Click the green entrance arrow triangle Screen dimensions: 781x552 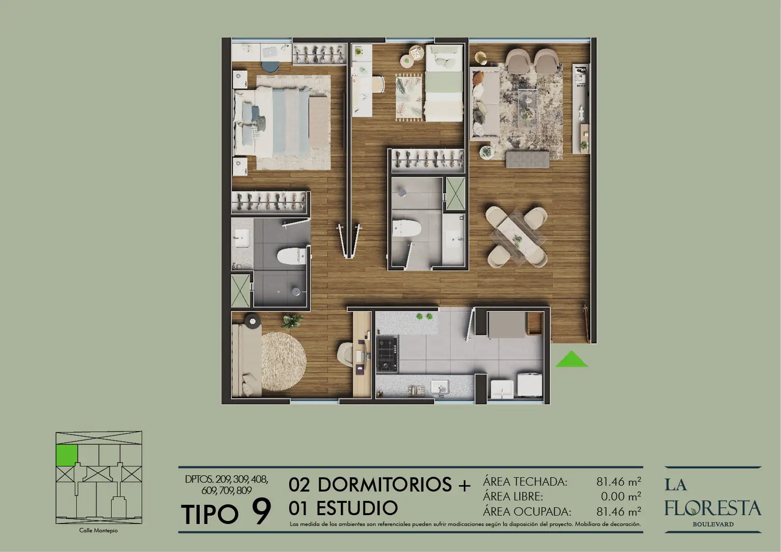pyautogui.click(x=571, y=360)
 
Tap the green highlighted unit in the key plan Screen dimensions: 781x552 pyautogui.click(x=66, y=455)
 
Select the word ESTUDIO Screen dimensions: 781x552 pyautogui.click(x=357, y=508)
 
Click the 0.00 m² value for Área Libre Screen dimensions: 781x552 pyautogui.click(x=621, y=496)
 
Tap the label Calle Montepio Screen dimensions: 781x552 pyautogui.click(x=98, y=530)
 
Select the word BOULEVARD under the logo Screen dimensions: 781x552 pyautogui.click(x=713, y=524)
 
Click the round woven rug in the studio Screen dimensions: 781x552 pyautogui.click(x=284, y=361)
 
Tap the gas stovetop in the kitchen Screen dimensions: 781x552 pyautogui.click(x=388, y=354)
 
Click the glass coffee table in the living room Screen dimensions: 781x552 pyautogui.click(x=527, y=105)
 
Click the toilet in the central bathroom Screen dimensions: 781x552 pyautogui.click(x=407, y=228)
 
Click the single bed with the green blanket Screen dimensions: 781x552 pyautogui.click(x=444, y=84)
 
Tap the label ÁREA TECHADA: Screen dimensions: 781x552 pyautogui.click(x=525, y=482)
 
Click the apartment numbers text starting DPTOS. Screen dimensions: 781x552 pyautogui.click(x=227, y=485)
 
